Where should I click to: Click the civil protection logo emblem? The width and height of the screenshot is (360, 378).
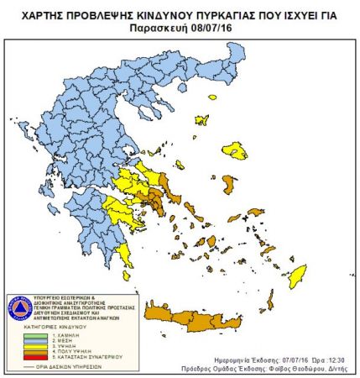coord(20,307)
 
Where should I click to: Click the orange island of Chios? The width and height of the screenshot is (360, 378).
coord(228,182)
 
